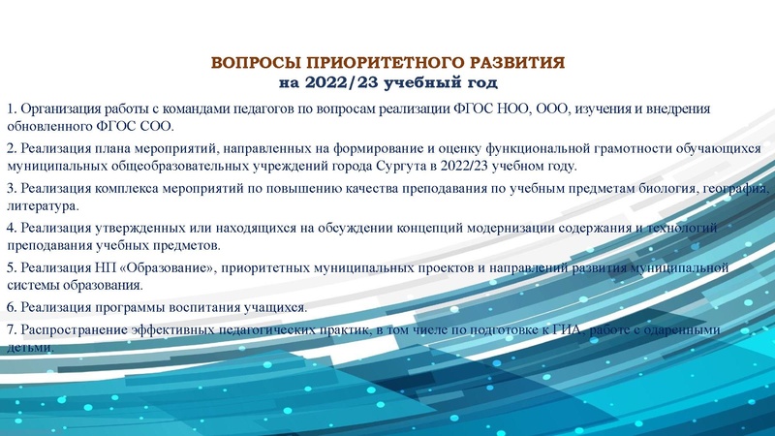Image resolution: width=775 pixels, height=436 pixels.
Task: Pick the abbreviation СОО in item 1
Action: coord(156,125)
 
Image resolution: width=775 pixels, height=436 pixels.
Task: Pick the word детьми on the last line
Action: coord(28,347)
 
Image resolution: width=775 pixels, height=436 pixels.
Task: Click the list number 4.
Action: coord(10,228)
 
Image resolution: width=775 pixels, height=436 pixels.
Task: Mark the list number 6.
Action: coord(10,307)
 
